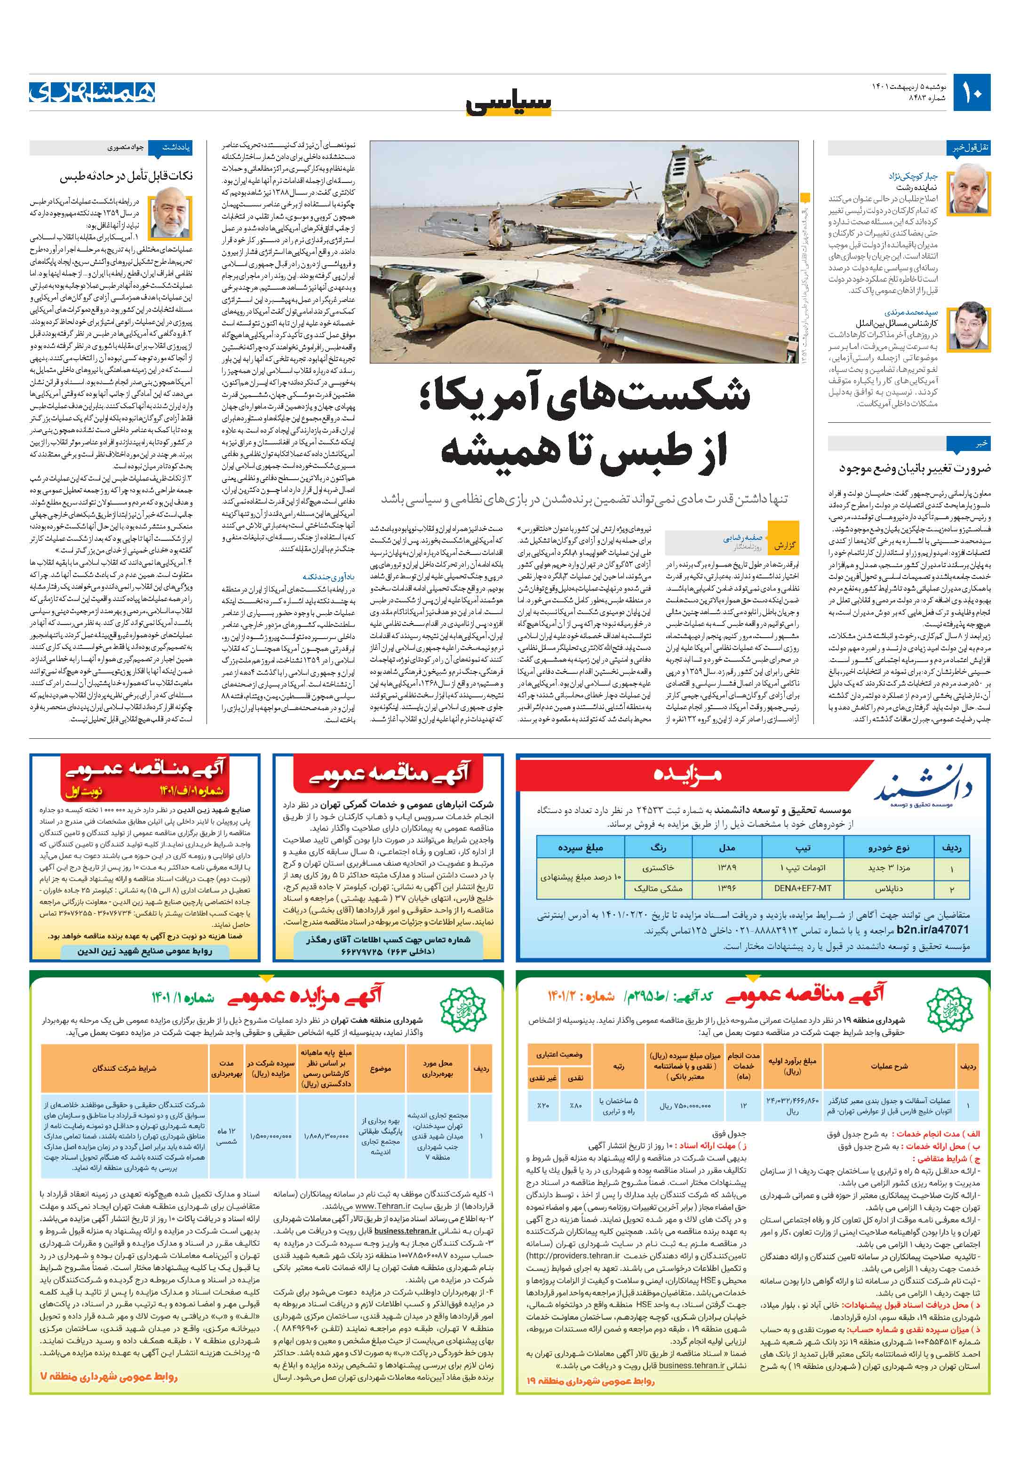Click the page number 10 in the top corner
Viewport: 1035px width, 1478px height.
[972, 93]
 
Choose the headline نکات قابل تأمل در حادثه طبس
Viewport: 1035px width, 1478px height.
[126, 176]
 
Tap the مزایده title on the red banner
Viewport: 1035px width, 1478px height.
[688, 773]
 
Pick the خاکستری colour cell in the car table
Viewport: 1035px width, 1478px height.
[658, 867]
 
